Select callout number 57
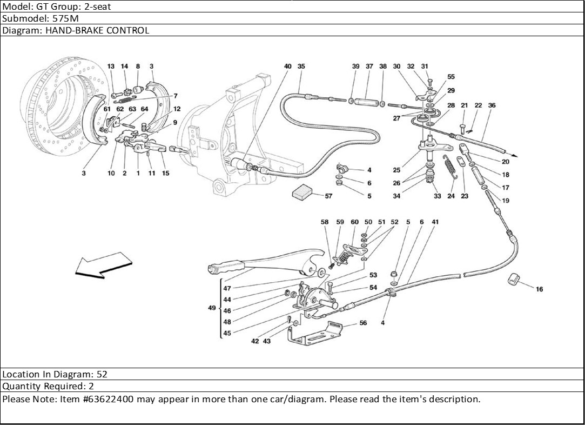click(x=328, y=196)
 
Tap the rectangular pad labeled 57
click(x=303, y=191)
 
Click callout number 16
click(x=539, y=289)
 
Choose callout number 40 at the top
click(x=287, y=67)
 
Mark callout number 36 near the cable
click(x=492, y=105)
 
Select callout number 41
click(x=435, y=222)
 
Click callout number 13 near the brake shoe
click(x=111, y=67)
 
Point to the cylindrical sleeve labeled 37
click(x=369, y=101)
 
